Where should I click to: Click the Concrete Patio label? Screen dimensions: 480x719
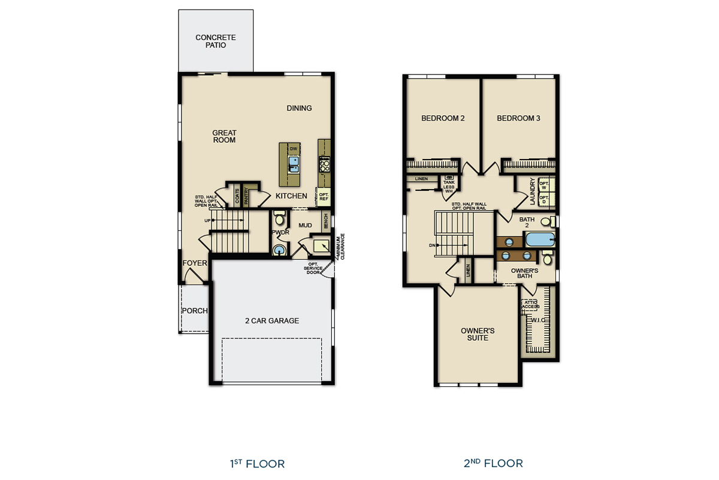216,41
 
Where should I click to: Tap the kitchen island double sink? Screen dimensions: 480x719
294,164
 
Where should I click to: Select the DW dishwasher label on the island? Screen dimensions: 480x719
294,148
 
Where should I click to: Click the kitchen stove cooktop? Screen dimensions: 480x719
324,163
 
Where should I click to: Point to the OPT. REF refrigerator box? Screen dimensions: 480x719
324,196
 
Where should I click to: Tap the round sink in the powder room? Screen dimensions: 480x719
279,250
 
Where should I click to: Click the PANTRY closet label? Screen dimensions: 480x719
246,197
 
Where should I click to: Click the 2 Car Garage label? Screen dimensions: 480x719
272,321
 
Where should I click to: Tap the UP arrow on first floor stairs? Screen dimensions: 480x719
208,221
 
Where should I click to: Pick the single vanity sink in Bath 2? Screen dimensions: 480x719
509,242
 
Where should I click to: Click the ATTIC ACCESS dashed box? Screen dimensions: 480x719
530,304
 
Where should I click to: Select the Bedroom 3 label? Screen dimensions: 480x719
518,118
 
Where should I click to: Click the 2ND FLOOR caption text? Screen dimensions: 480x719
493,463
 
